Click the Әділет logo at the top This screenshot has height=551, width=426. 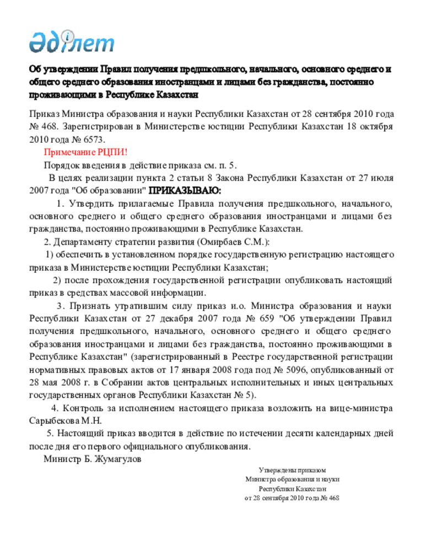pos(72,41)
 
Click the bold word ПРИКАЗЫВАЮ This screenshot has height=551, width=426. pos(185,191)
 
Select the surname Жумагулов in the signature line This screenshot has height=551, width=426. pos(117,458)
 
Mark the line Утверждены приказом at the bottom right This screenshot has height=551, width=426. pos(292,470)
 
